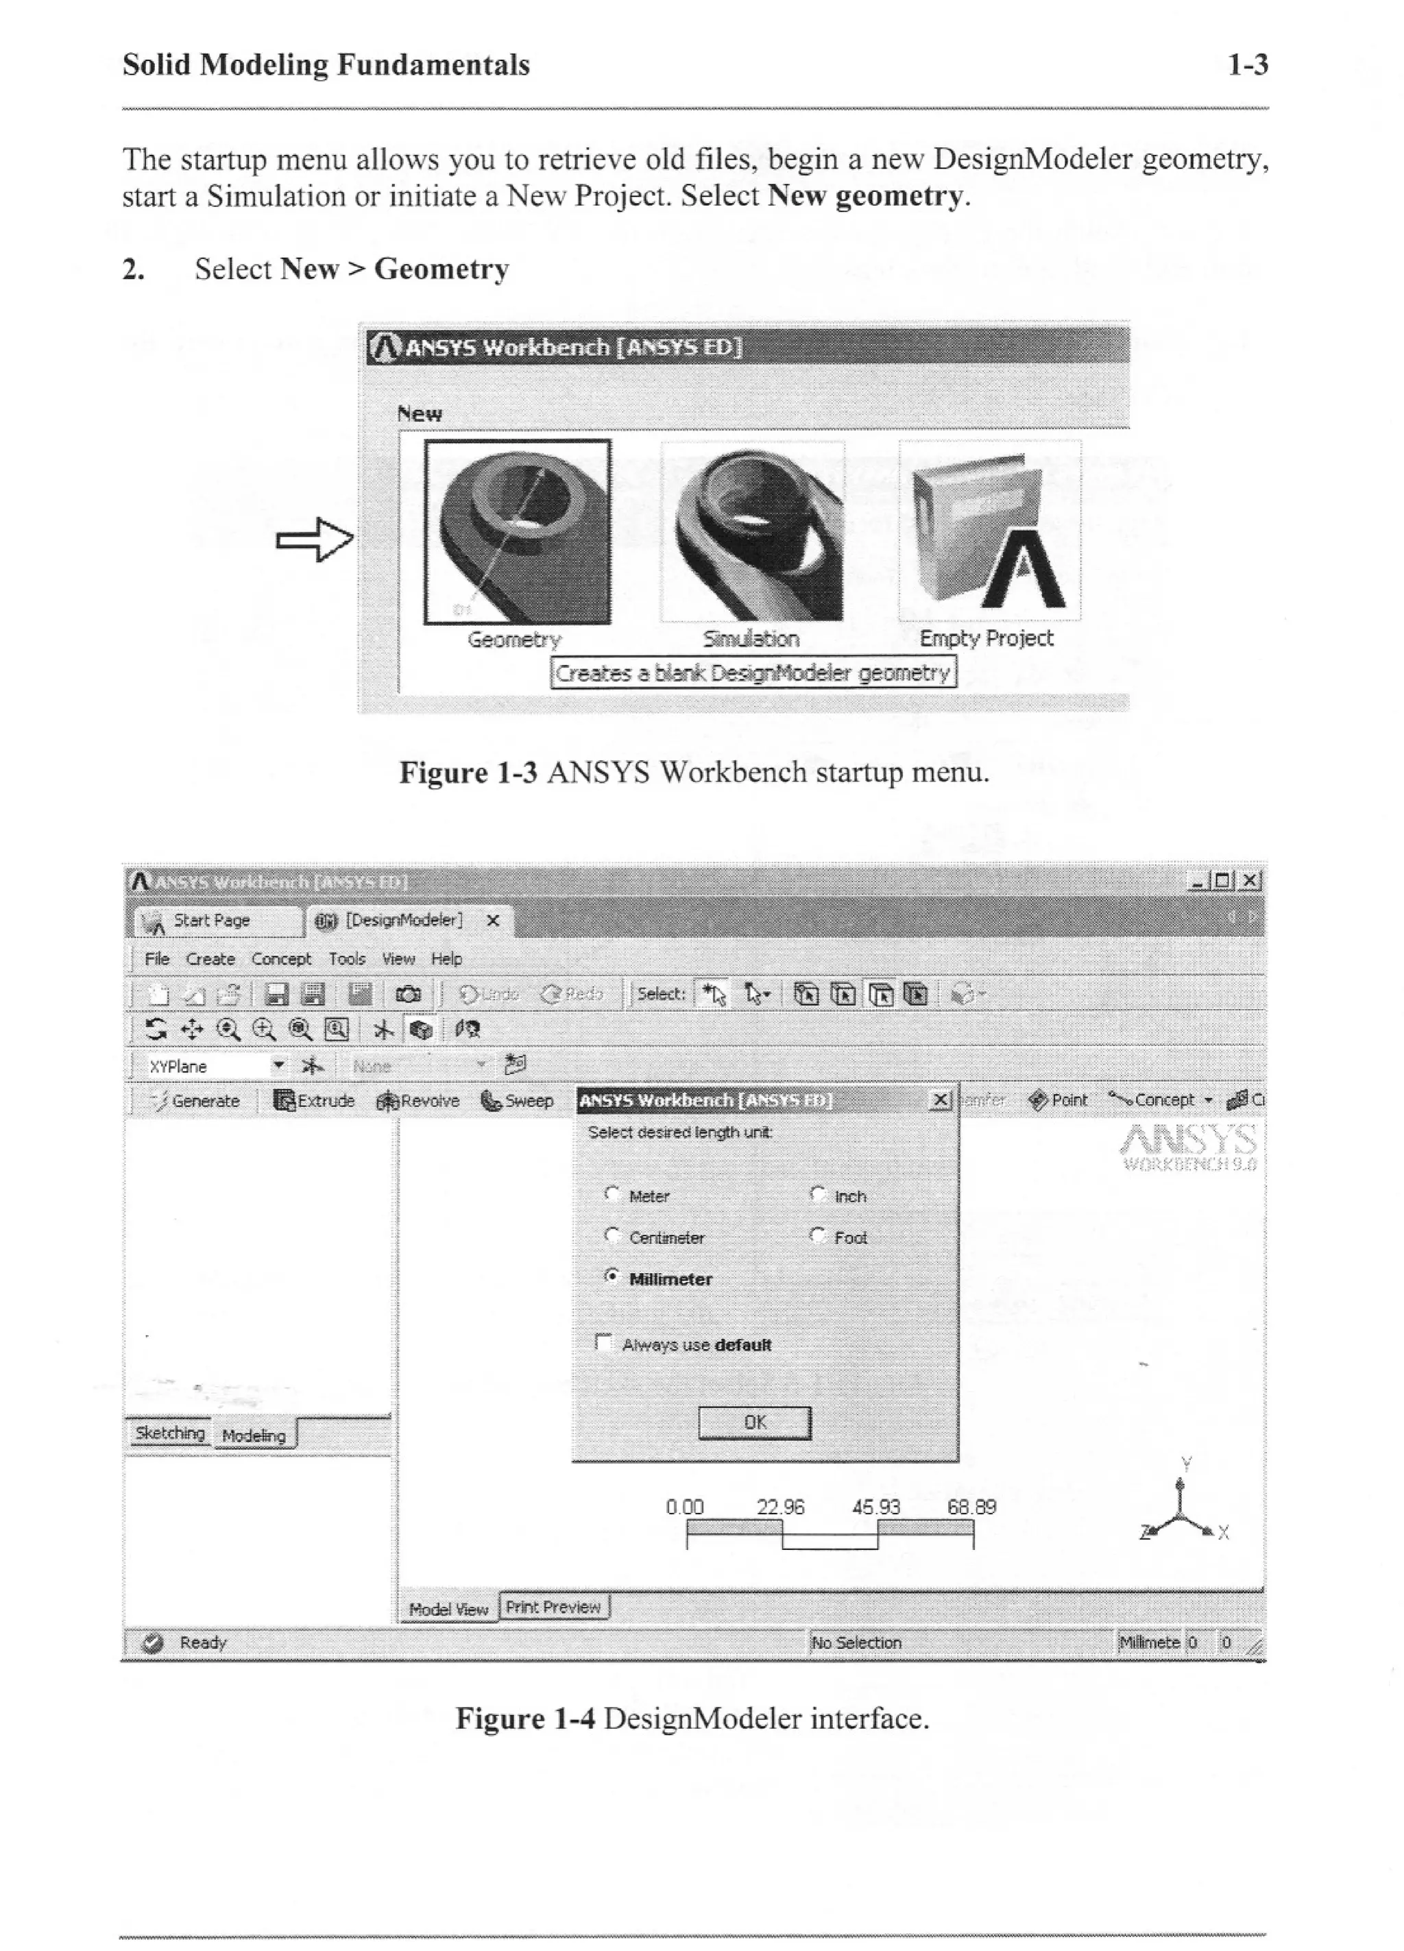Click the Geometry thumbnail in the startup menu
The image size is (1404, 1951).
click(x=517, y=531)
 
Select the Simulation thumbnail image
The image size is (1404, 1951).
click(x=752, y=531)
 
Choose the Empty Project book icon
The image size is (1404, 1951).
click(x=989, y=531)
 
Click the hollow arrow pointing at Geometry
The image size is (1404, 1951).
click(x=315, y=540)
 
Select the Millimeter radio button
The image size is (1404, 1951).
click(x=612, y=1276)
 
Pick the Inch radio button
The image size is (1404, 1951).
click(x=818, y=1194)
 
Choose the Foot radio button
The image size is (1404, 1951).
click(x=818, y=1235)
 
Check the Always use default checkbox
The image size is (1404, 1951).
click(x=604, y=1343)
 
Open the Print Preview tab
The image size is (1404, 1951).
click(x=553, y=1607)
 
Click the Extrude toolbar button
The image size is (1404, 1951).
click(x=314, y=1100)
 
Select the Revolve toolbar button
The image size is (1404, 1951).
click(x=418, y=1100)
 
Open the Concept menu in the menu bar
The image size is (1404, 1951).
click(x=281, y=958)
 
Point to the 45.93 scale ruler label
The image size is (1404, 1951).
click(x=875, y=1507)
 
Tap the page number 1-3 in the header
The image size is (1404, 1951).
click(x=1248, y=64)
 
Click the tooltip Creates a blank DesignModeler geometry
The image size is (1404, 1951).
click(x=753, y=672)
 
